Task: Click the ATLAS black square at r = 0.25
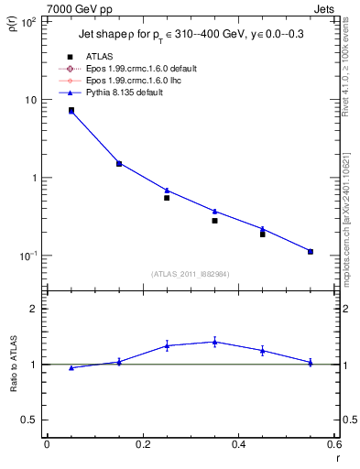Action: point(167,198)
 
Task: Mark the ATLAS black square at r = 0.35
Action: point(214,221)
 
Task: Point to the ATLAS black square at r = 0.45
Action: point(262,234)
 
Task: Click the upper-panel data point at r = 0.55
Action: point(311,251)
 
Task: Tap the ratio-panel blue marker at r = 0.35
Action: point(214,342)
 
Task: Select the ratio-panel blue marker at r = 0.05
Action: point(71,367)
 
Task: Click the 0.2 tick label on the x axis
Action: point(142,444)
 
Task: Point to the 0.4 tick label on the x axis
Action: point(238,444)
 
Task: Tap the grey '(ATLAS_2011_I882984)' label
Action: point(191,273)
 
